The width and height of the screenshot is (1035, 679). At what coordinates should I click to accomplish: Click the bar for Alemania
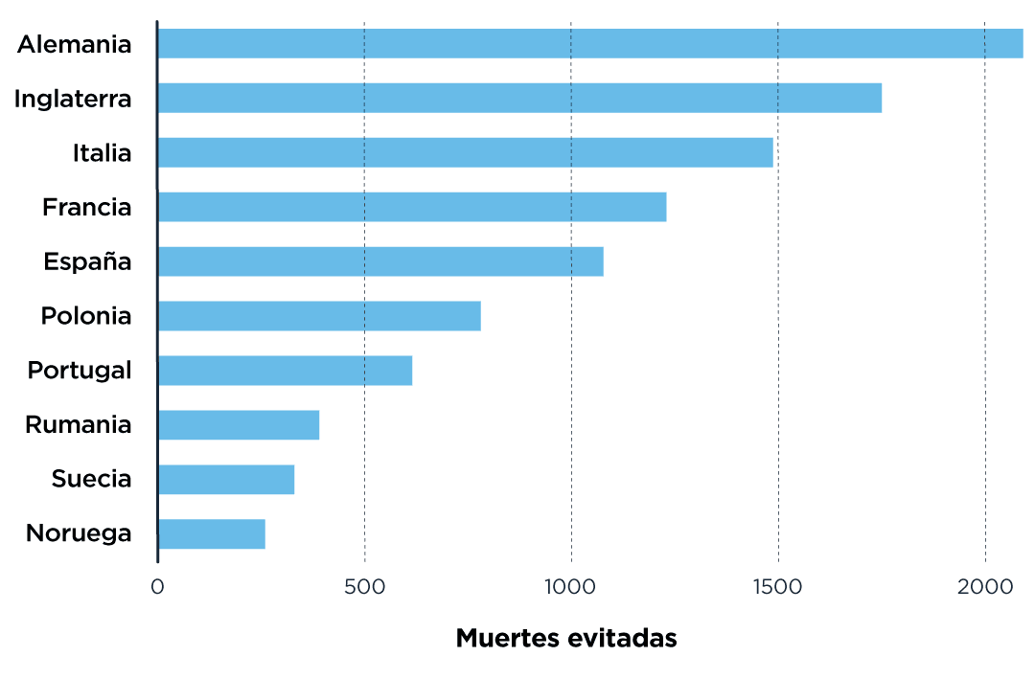pyautogui.click(x=589, y=44)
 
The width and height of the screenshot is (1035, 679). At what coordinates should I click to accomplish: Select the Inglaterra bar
pyautogui.click(x=519, y=99)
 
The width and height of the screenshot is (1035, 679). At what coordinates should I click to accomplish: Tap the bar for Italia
pyautogui.click(x=465, y=153)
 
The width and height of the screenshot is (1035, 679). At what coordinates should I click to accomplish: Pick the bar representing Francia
pyautogui.click(x=412, y=207)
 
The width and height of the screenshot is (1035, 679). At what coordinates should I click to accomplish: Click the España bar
pyautogui.click(x=380, y=261)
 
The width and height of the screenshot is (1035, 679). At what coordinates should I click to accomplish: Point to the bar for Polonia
pyautogui.click(x=319, y=316)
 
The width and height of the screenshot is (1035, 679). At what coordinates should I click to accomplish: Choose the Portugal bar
pyautogui.click(x=285, y=371)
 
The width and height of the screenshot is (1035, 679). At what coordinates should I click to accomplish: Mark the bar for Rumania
pyautogui.click(x=239, y=425)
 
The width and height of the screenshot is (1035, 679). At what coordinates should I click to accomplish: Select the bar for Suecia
pyautogui.click(x=226, y=479)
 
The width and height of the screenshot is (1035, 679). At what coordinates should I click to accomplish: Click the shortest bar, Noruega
pyautogui.click(x=212, y=533)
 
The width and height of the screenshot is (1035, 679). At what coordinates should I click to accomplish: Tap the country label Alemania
pyautogui.click(x=74, y=44)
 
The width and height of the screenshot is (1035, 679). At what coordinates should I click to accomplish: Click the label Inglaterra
pyautogui.click(x=72, y=99)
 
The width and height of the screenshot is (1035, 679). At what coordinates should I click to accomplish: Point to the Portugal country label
pyautogui.click(x=79, y=371)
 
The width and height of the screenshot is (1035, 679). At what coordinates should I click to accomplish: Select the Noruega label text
pyautogui.click(x=78, y=533)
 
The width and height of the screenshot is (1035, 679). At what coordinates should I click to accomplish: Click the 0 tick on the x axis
pyautogui.click(x=157, y=586)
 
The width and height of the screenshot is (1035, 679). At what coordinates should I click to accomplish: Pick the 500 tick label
pyautogui.click(x=364, y=586)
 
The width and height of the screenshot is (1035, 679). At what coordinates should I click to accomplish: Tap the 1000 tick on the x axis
pyautogui.click(x=570, y=586)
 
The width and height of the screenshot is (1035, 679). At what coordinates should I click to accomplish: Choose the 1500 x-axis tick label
pyautogui.click(x=777, y=586)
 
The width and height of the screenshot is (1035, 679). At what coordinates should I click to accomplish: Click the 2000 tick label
pyautogui.click(x=984, y=586)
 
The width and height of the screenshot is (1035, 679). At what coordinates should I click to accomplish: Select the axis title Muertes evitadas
pyautogui.click(x=565, y=639)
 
